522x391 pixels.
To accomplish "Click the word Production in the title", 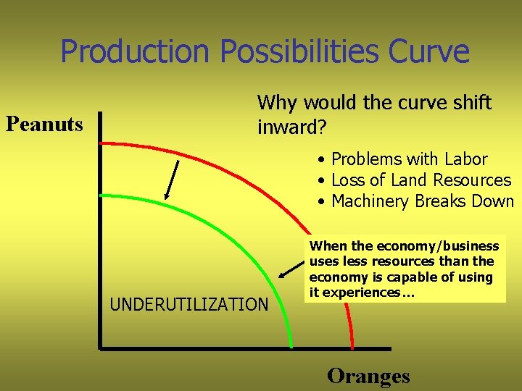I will (x=135, y=51).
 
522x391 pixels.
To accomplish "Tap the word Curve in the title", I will (x=428, y=51).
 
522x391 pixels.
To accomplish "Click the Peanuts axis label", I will (x=44, y=125).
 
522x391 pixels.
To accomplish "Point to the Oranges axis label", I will (x=368, y=376).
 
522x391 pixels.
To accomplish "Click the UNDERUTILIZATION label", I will (x=189, y=305).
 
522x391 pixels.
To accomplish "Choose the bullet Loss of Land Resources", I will (x=420, y=180).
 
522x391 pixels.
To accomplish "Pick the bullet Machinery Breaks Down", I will (x=421, y=201).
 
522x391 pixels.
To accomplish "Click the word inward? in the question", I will (x=292, y=128).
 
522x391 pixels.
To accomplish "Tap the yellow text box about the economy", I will (x=405, y=269).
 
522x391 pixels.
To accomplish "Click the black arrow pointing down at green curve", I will (x=172, y=180).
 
